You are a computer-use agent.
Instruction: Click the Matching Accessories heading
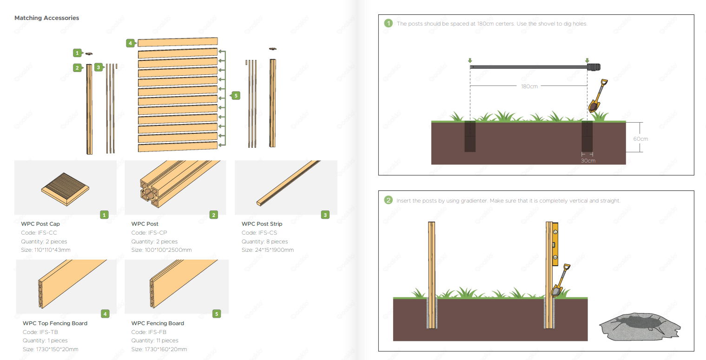point(46,18)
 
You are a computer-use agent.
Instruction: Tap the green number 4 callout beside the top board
point(131,43)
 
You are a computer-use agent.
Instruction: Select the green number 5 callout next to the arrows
point(236,95)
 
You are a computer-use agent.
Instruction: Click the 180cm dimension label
point(529,86)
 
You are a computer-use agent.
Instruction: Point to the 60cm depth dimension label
point(640,139)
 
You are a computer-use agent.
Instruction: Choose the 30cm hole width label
point(588,161)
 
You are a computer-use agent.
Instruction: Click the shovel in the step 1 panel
point(598,96)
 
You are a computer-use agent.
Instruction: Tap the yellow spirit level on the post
point(555,244)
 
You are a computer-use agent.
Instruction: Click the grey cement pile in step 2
point(640,327)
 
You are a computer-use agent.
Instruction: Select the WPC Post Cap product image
point(65,189)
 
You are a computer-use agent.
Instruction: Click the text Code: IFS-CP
point(149,233)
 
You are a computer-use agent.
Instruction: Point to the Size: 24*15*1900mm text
point(268,250)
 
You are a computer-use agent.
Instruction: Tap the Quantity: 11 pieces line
point(155,340)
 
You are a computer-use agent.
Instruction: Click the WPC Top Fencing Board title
point(55,323)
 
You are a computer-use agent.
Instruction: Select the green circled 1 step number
point(388,23)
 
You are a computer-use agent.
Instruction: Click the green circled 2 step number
point(388,200)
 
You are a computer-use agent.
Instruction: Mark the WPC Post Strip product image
point(288,183)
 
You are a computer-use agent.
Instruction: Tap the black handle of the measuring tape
point(594,67)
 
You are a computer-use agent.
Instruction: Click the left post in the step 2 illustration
point(431,275)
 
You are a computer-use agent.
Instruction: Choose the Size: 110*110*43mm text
point(46,250)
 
